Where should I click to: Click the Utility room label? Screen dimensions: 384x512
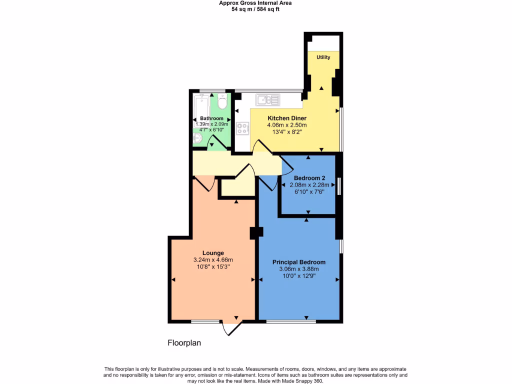click(x=323, y=57)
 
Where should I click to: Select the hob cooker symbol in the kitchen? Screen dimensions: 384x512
click(x=243, y=128)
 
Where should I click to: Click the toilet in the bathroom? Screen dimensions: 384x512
click(x=222, y=102)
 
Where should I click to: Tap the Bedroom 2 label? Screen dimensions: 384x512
click(x=309, y=178)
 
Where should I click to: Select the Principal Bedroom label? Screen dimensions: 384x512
click(x=299, y=262)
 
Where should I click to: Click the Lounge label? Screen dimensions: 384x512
click(x=213, y=252)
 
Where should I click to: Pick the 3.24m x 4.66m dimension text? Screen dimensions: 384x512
click(x=213, y=259)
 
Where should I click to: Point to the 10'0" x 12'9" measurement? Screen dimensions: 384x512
click(x=299, y=276)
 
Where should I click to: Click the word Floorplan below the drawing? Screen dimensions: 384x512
click(x=184, y=343)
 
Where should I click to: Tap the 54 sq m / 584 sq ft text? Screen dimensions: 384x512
click(x=255, y=9)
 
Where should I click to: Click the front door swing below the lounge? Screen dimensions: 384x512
click(x=231, y=328)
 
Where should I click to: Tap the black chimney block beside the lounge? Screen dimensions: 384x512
click(x=256, y=232)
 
